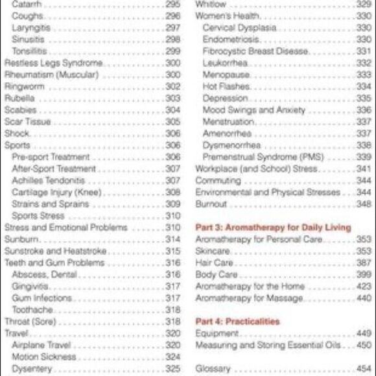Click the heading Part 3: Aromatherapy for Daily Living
273,228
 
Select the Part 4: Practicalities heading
237,322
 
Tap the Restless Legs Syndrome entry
53,63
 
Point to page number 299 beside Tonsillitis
172,51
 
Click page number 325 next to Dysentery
172,369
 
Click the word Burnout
211,204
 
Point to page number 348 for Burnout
364,204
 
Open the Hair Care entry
215,263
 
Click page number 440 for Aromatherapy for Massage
364,298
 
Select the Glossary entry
213,369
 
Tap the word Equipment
217,333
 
